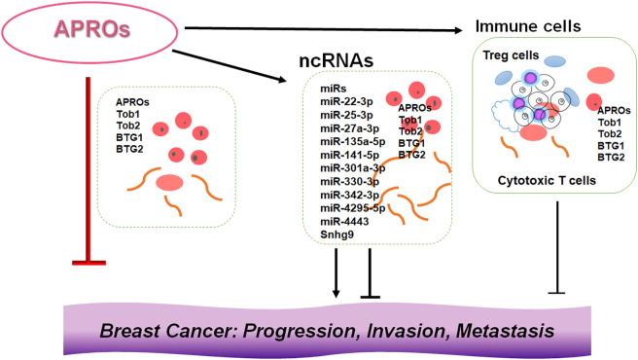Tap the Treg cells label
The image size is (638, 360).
(x=506, y=57)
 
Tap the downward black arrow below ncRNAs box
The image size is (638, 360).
(x=336, y=272)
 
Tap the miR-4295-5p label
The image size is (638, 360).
(x=355, y=206)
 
